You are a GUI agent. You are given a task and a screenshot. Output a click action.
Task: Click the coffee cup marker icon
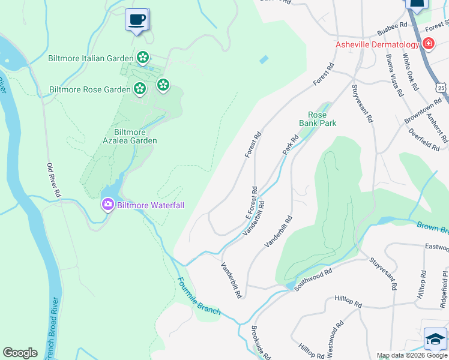click(137, 19)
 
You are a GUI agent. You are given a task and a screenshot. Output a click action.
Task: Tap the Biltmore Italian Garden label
click(90, 58)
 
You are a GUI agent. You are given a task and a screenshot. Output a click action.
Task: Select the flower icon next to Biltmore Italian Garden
click(143, 58)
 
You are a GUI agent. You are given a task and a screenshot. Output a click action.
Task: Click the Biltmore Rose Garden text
click(89, 90)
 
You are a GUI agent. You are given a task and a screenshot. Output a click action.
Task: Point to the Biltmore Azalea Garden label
click(135, 136)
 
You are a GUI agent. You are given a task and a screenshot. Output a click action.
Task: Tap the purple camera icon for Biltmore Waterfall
click(108, 205)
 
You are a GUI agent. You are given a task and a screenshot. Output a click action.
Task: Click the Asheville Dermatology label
click(377, 45)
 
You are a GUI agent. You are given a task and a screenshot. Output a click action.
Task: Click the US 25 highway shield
click(442, 87)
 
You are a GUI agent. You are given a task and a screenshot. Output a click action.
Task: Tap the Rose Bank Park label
click(318, 119)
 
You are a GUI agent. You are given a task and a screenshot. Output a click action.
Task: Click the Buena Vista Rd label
click(394, 74)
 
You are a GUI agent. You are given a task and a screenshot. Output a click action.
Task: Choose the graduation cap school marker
click(435, 340)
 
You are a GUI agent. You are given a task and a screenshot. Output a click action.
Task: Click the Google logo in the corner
click(20, 352)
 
